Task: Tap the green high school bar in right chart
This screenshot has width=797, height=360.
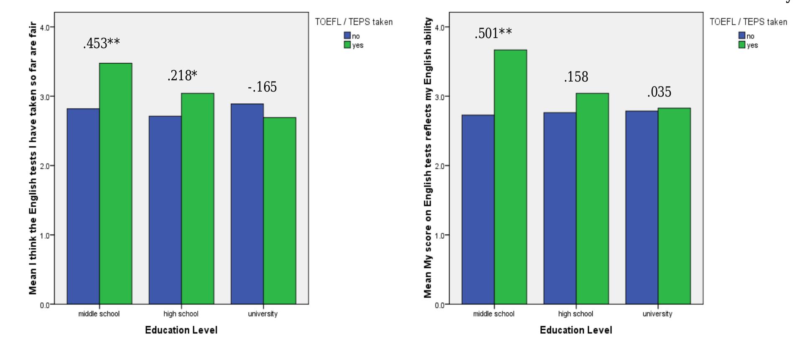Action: pos(592,198)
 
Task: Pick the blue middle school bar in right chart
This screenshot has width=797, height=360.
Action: pos(478,209)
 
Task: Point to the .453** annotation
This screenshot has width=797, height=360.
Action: pos(102,43)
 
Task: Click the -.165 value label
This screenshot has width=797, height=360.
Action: pos(262,87)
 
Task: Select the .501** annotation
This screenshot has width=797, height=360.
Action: pos(493,33)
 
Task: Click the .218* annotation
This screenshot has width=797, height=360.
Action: pos(182,76)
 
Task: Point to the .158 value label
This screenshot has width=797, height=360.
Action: pos(576,77)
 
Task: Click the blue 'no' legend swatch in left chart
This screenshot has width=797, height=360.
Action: pos(347,36)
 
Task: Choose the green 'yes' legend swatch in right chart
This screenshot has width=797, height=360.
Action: pos(742,45)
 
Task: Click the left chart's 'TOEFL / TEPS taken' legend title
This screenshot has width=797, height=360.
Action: pos(354,22)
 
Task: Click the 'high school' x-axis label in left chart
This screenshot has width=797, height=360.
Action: pos(181,314)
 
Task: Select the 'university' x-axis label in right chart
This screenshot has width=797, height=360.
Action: pos(657,314)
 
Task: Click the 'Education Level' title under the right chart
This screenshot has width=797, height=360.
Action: pos(576,330)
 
